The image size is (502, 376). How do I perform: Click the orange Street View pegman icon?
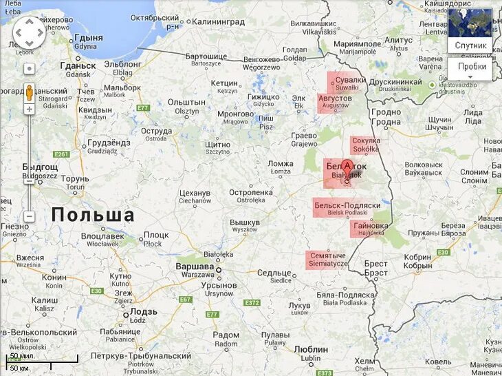click(x=30, y=92)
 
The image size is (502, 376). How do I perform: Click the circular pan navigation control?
click(x=30, y=33)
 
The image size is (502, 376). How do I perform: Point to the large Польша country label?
click(x=93, y=215)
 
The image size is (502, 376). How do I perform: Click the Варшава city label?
click(x=195, y=267)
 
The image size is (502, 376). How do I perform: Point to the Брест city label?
click(x=375, y=264)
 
